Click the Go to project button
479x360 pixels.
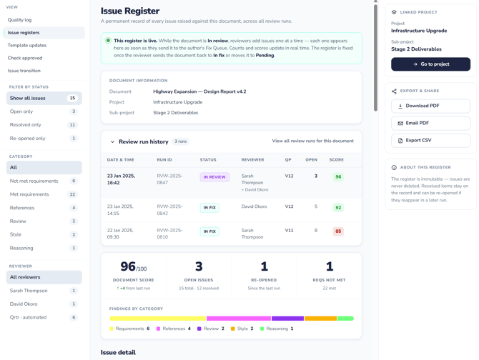(430, 64)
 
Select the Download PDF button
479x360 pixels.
(430, 106)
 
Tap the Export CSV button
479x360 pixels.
(430, 140)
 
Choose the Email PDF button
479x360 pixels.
(430, 123)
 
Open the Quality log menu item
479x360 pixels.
(19, 20)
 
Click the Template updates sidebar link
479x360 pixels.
(27, 45)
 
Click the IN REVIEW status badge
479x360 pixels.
(214, 177)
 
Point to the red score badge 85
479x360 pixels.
(338, 231)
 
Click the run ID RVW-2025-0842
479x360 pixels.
(169, 210)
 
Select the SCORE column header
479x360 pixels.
(336, 160)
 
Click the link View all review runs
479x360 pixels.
(313, 141)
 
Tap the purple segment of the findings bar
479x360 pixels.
(287, 319)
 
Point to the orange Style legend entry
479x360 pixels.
(242, 329)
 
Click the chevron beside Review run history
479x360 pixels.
(112, 142)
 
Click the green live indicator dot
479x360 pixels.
(108, 41)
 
